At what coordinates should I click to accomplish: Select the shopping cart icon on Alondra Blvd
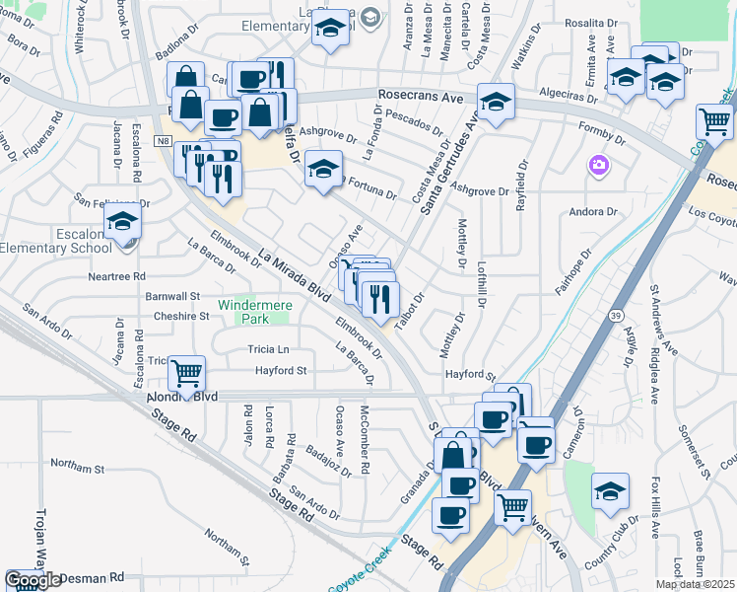tap(186, 374)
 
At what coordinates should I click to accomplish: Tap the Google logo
tap(32, 580)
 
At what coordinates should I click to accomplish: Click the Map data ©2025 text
tap(695, 584)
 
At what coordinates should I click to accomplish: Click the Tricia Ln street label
tap(268, 349)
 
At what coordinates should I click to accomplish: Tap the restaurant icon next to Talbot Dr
tap(379, 296)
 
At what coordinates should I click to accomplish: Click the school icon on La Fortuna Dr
tap(322, 169)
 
